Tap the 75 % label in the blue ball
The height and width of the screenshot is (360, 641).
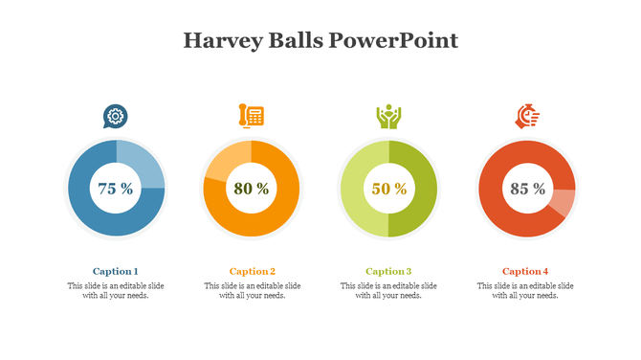point(116,189)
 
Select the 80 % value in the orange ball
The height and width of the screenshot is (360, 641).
point(252,189)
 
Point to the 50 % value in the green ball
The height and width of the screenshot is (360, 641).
point(388,189)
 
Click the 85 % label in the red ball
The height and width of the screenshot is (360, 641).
point(527,189)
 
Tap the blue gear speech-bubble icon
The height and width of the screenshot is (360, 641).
point(116,117)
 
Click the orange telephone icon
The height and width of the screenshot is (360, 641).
point(251,116)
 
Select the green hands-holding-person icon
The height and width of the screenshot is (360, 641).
point(388,117)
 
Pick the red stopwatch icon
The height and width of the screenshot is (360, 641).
point(527,117)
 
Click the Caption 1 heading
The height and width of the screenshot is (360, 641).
point(116,271)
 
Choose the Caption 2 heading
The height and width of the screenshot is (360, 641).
point(252,271)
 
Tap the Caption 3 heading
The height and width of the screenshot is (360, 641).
point(388,271)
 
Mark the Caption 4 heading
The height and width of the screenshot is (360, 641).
point(525,271)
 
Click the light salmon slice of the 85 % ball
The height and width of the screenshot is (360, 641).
point(565,203)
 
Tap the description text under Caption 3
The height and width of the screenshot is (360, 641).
point(388,290)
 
